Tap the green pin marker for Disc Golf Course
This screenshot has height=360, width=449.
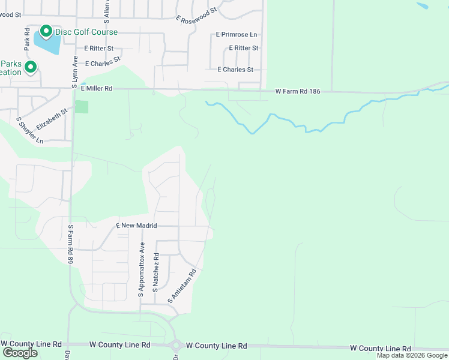(x=46, y=31)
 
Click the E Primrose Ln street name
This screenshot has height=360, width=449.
(x=237, y=35)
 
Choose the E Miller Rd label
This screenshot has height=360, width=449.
(x=97, y=88)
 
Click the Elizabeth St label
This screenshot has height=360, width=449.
(x=52, y=118)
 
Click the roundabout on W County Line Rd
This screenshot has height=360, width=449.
(x=176, y=346)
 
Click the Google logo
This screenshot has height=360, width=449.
(x=19, y=353)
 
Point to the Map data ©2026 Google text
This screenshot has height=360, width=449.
(x=412, y=356)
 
